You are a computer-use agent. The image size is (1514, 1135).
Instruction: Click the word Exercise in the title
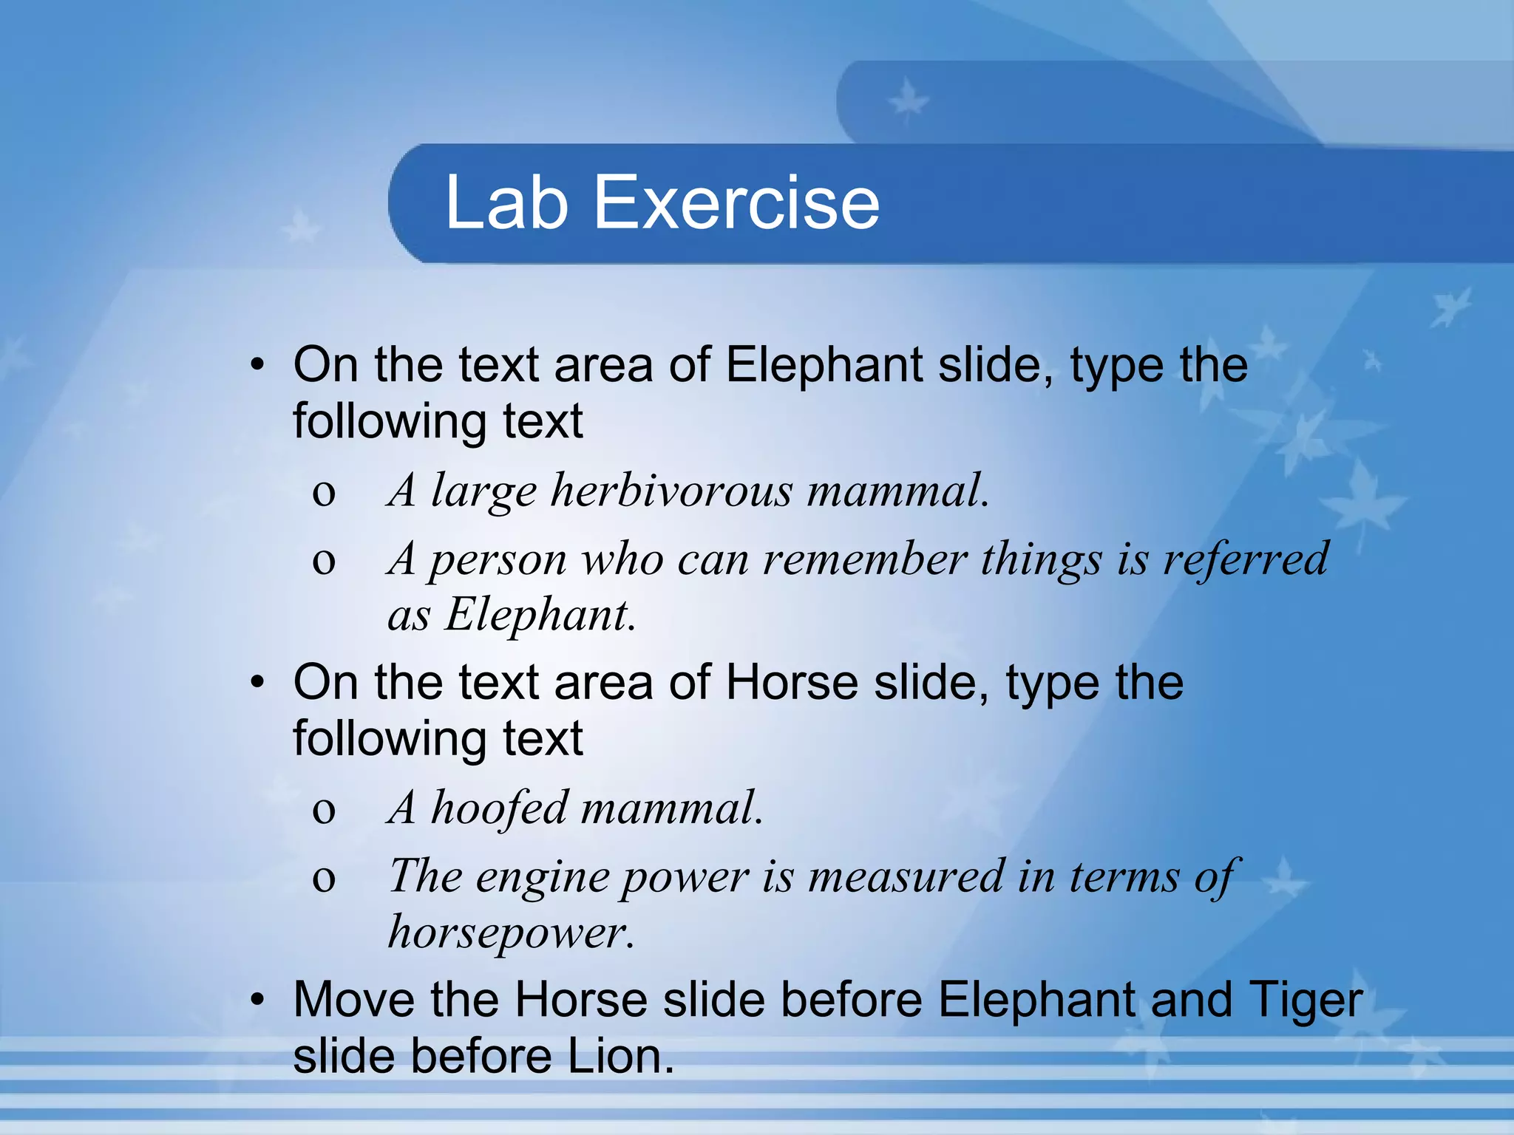pos(736,202)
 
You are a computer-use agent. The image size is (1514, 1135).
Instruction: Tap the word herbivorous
pos(671,490)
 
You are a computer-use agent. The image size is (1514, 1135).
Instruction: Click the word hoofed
pos(500,807)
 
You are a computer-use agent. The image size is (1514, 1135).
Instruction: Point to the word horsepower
pos(510,933)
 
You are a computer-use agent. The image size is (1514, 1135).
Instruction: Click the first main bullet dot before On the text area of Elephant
pos(257,365)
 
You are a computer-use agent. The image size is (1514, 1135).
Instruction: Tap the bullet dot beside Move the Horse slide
pos(257,1001)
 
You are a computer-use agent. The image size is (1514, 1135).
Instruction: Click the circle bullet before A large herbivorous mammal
pos(323,494)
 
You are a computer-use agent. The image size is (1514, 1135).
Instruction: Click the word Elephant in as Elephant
pos(539,615)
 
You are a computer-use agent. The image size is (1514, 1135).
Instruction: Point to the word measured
pos(906,876)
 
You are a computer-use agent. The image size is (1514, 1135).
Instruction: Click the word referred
pos(1246,559)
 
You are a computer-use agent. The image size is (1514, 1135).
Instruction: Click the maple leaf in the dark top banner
pos(907,102)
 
